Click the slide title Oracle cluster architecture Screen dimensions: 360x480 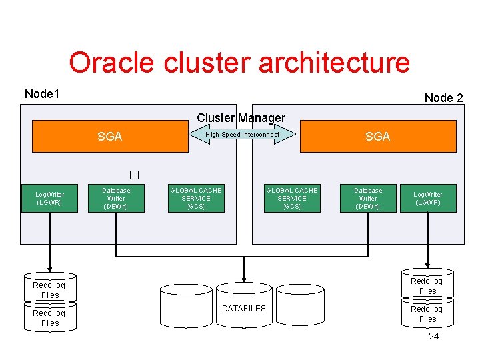pyautogui.click(x=239, y=63)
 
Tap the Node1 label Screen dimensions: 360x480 pyautogui.click(x=42, y=94)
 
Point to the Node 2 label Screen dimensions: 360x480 pyautogui.click(x=443, y=98)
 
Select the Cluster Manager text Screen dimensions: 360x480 pyautogui.click(x=241, y=118)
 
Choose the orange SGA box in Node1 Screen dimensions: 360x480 pyautogui.click(x=110, y=137)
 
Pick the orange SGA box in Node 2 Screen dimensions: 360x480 pyautogui.click(x=377, y=137)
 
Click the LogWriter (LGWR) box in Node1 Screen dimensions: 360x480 pyautogui.click(x=50, y=199)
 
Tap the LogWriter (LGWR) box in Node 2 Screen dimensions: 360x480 pyautogui.click(x=428, y=199)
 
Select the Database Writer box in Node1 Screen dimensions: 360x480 pyautogui.click(x=116, y=199)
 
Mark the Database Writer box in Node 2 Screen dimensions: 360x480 pyautogui.click(x=368, y=199)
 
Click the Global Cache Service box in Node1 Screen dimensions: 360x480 pyautogui.click(x=196, y=199)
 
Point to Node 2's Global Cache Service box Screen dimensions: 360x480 pyautogui.click(x=292, y=199)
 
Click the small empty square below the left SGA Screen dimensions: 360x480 pyautogui.click(x=134, y=175)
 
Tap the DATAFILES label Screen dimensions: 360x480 pyautogui.click(x=243, y=308)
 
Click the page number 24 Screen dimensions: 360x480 pyautogui.click(x=434, y=337)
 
